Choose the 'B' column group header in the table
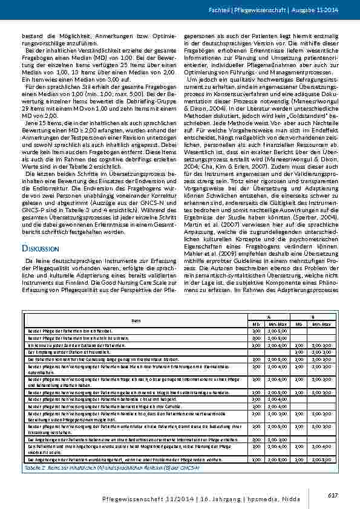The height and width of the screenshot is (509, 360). pos(312,316)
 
